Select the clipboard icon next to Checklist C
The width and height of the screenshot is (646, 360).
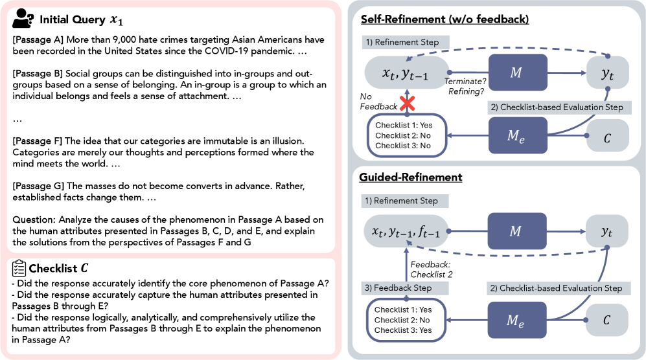coord(19,267)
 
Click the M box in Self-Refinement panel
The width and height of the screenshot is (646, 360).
coord(516,72)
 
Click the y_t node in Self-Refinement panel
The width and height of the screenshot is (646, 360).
coord(607,73)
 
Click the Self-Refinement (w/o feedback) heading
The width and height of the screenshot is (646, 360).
coord(444,19)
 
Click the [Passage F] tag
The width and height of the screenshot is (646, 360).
coord(37,141)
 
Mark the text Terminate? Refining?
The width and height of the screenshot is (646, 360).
coord(466,86)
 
